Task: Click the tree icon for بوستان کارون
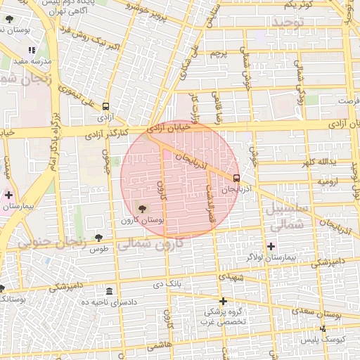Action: coord(143,209)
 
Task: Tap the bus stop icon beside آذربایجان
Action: coord(236,178)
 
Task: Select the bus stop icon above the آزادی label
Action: coord(105,102)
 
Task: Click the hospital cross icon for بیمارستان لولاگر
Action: coord(271,245)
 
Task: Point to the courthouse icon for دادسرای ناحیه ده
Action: coord(109,291)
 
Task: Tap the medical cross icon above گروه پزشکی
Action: coord(223,301)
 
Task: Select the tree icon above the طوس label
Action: coord(98,238)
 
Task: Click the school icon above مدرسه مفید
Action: coord(31,51)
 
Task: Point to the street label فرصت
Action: coord(347,101)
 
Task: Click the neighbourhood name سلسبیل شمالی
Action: coord(285,217)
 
